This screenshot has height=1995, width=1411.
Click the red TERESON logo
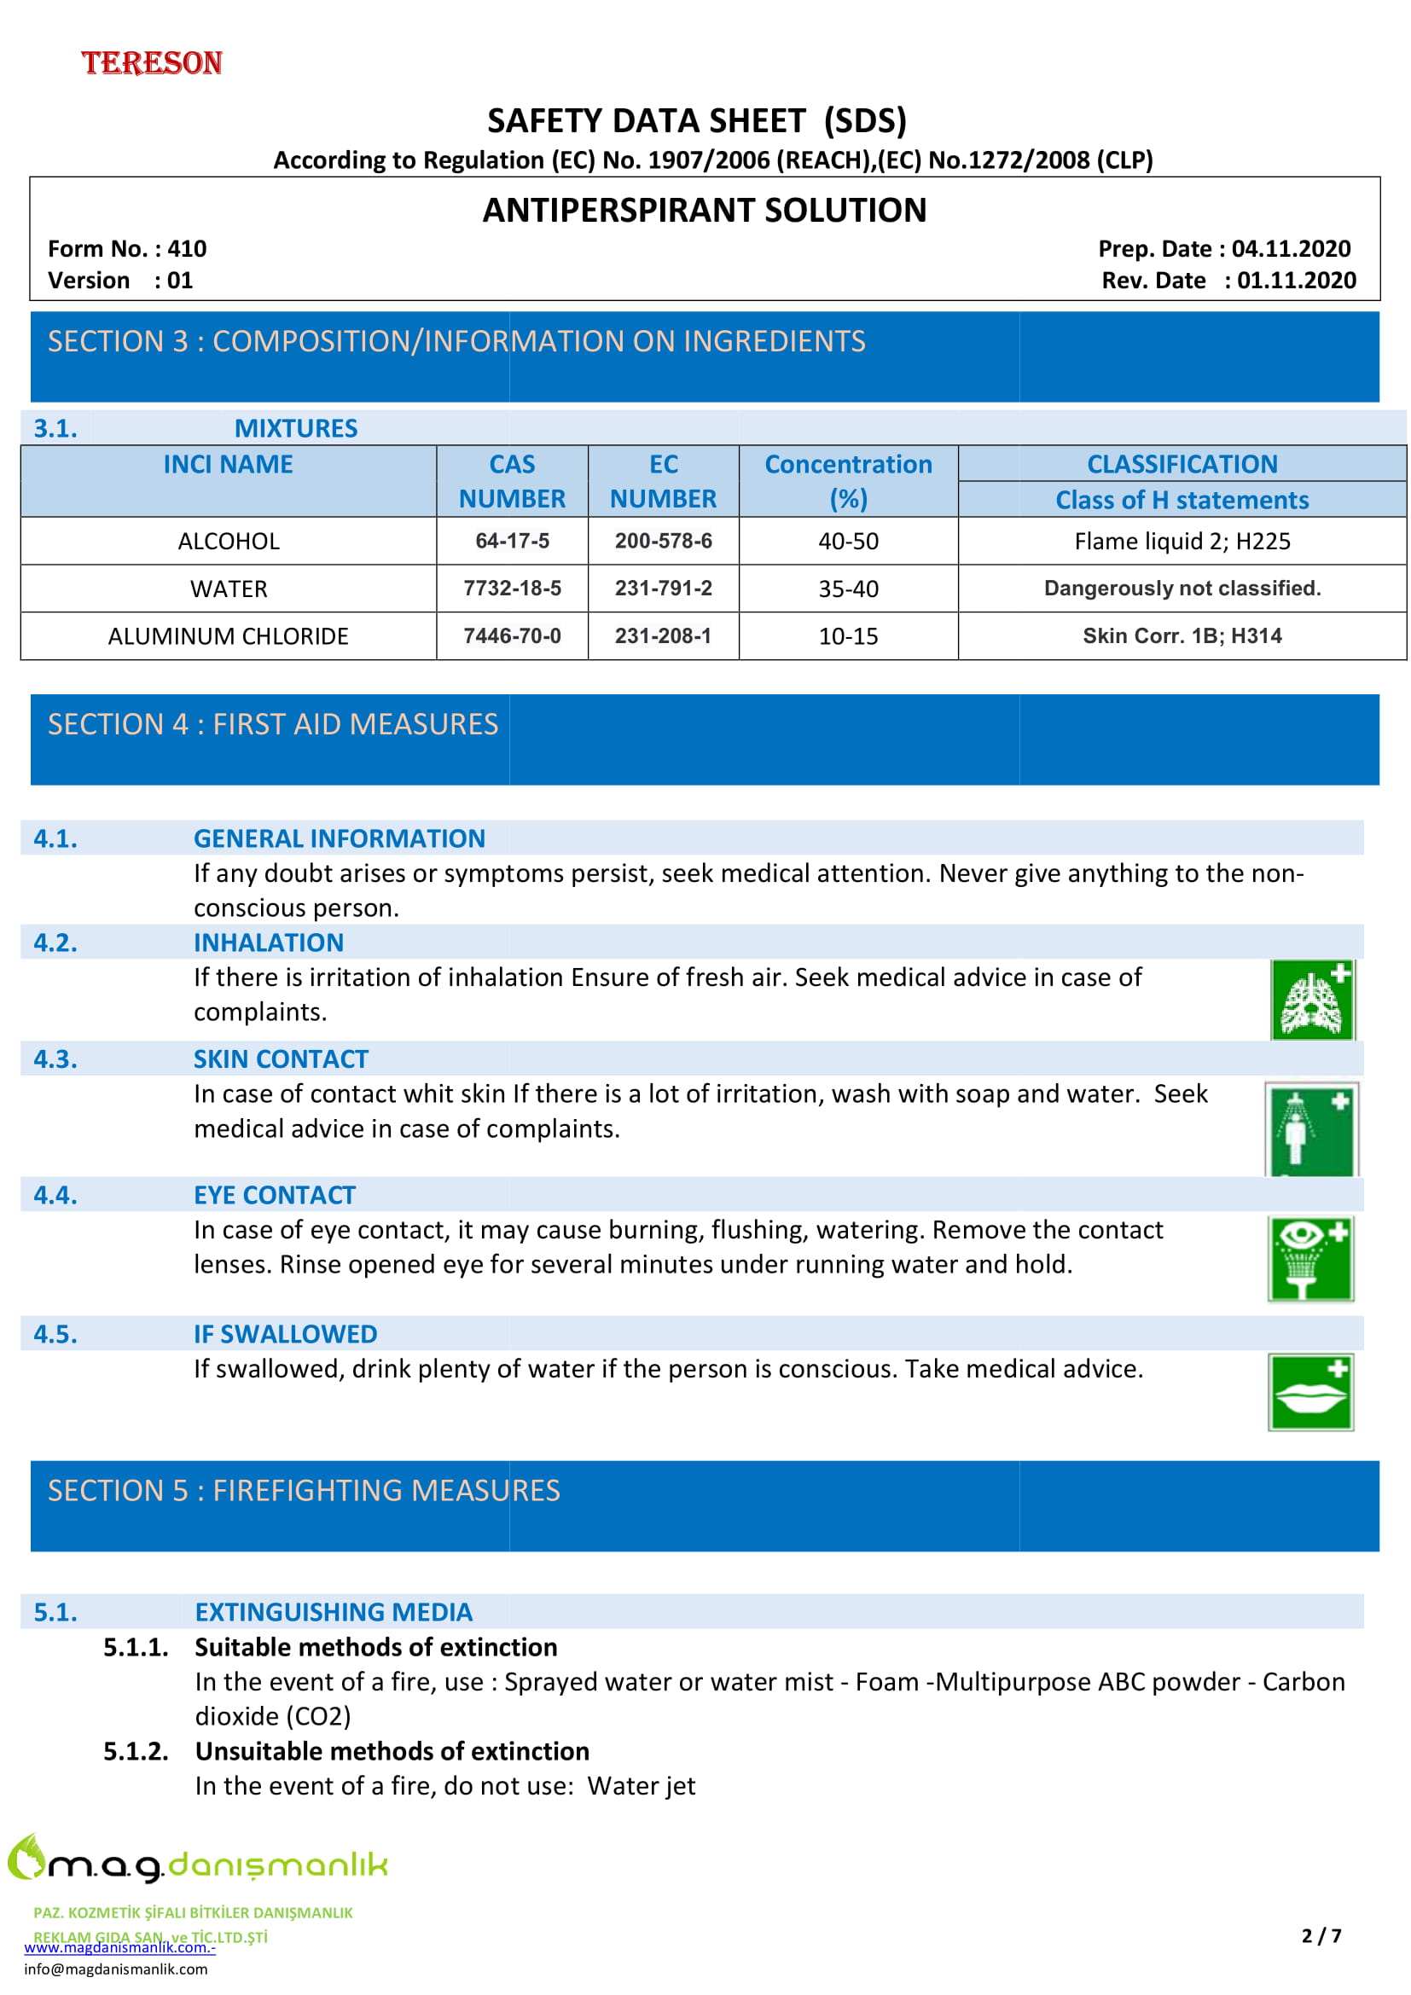[152, 62]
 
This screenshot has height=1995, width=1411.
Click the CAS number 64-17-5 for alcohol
[512, 541]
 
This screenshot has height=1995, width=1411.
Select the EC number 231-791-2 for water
[663, 589]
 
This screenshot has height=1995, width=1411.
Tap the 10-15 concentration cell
[848, 636]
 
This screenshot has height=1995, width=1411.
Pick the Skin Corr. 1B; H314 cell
[1182, 636]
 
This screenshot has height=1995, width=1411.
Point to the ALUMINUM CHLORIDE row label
[228, 636]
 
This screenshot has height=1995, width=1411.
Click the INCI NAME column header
[228, 464]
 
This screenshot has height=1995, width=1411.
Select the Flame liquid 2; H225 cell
[1182, 542]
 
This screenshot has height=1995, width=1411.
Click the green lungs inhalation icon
[1312, 1000]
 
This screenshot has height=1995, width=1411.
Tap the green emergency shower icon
[1311, 1128]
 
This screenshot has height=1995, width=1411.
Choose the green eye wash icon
[1310, 1258]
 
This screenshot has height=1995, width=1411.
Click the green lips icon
[1310, 1392]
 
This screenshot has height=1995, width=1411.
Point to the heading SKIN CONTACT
[281, 1058]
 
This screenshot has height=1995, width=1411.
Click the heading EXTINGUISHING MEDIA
[333, 1612]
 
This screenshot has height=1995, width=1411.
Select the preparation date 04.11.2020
[1291, 248]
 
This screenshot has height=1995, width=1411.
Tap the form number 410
[187, 248]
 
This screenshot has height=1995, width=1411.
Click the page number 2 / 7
[1321, 1935]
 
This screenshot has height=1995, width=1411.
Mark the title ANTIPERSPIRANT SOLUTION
[705, 211]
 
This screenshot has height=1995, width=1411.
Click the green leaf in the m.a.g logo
[26, 1854]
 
